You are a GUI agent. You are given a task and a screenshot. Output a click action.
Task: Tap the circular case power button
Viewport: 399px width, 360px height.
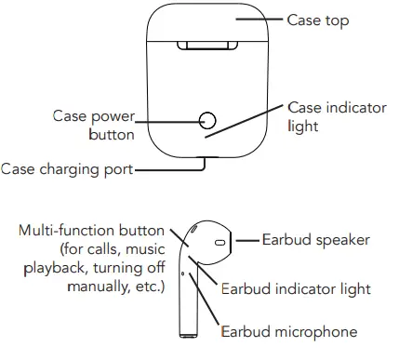[x=207, y=120]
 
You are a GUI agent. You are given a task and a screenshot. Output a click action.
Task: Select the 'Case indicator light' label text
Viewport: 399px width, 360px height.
[x=337, y=117]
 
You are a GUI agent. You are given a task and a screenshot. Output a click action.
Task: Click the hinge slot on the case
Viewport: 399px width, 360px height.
[x=207, y=45]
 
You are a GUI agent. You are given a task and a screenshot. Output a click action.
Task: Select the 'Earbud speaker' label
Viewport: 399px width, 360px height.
[x=315, y=240]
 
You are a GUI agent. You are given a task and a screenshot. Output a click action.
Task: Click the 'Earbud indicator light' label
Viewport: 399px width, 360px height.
[x=296, y=289]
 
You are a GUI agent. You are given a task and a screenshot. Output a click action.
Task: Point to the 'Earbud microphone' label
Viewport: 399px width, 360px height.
[x=289, y=332]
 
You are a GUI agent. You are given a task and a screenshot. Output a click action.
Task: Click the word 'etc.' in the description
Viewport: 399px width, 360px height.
[x=149, y=287]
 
